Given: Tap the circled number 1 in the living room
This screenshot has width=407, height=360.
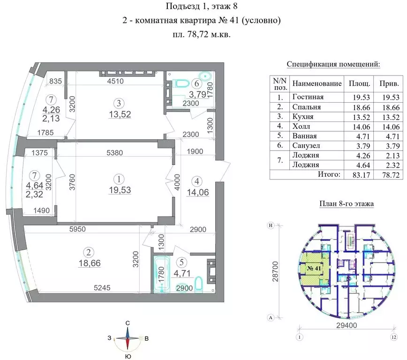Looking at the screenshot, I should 120,178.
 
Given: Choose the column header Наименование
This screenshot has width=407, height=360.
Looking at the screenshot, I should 317,83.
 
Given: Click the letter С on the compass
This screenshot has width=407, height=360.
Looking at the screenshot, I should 127,323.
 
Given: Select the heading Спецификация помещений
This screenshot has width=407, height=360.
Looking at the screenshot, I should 333,65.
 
